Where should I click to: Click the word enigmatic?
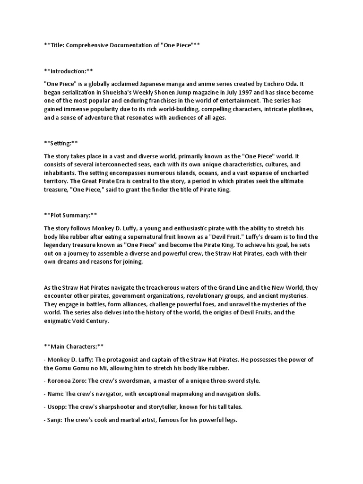coord(60,321)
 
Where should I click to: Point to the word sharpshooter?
coord(119,407)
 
